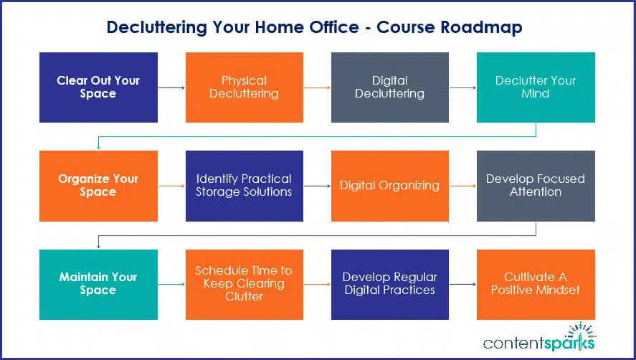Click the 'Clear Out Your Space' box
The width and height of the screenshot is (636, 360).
(98, 87)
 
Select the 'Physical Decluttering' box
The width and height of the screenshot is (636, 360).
(244, 87)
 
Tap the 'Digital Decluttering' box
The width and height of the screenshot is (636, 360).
(389, 87)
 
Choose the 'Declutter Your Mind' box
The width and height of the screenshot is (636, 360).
(536, 87)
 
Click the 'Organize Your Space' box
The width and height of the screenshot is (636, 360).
(98, 186)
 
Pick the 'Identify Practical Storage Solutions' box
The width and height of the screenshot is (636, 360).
(244, 186)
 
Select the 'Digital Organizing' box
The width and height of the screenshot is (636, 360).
(389, 186)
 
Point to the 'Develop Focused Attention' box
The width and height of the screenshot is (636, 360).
(536, 186)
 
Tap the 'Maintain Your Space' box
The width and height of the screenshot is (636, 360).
(98, 284)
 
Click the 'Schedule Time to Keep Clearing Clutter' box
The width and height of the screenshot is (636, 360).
(244, 284)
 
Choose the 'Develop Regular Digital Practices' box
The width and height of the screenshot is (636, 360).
(389, 284)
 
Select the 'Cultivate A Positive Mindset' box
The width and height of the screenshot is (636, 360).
(536, 284)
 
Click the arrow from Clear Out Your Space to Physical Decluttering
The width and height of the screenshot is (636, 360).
(171, 87)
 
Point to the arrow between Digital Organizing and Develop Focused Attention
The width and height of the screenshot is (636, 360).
(463, 186)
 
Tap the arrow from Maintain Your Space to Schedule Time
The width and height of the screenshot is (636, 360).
(171, 284)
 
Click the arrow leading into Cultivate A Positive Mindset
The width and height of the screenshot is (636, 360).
(463, 284)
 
